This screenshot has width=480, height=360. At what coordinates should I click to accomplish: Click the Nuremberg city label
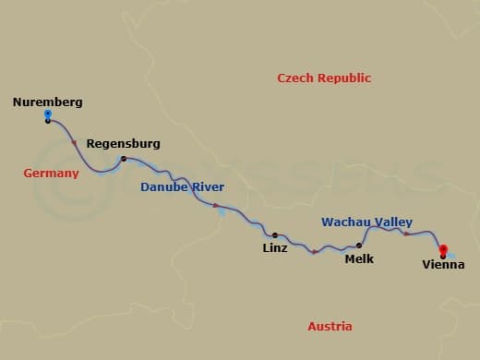[48, 102]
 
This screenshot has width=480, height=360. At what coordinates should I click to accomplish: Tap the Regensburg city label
[123, 144]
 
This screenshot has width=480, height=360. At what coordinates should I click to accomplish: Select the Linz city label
[275, 248]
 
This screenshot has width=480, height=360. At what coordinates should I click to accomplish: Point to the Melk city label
[359, 259]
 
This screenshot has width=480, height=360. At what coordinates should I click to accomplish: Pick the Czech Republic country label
[324, 78]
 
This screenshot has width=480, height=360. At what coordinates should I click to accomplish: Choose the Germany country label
[52, 174]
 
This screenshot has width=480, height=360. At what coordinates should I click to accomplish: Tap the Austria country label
[330, 326]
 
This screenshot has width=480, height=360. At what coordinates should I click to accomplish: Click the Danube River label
[182, 187]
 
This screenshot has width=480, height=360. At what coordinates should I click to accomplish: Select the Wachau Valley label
[366, 222]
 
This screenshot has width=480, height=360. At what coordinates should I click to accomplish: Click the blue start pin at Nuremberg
[48, 115]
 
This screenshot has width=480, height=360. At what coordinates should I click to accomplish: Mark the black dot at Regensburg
[123, 159]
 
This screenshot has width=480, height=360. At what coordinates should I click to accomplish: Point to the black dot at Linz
[274, 235]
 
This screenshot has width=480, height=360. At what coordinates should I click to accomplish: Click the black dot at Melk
[359, 246]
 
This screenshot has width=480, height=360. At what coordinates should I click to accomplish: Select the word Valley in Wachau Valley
[390, 222]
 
